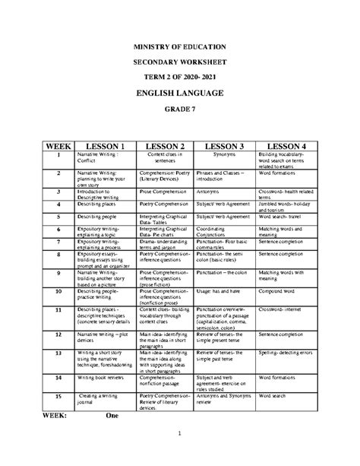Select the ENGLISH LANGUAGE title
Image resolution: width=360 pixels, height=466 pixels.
179,93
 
